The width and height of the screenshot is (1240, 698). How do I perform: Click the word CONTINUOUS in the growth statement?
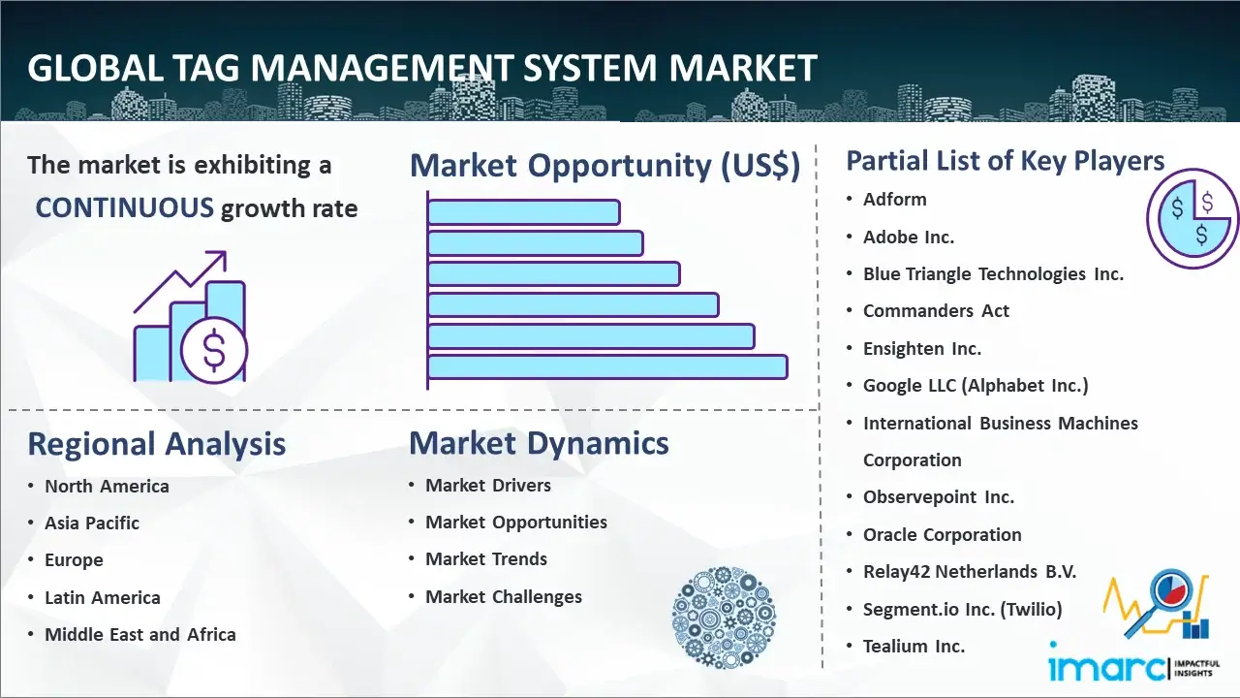pos(124,208)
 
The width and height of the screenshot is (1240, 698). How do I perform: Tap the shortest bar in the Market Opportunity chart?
pos(524,212)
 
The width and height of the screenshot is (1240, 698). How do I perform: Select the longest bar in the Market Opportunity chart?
pos(607,367)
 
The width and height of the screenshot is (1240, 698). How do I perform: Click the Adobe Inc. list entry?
pos(909,238)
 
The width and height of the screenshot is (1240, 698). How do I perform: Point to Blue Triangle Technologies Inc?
pos(993,273)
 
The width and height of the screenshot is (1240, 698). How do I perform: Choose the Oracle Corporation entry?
pos(943,534)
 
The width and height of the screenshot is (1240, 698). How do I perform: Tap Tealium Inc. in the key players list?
pos(914,646)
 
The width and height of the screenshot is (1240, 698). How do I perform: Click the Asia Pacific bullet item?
pos(92,523)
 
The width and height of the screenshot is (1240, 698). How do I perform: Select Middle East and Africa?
pos(140,634)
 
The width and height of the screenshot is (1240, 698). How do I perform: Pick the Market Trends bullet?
pos(486,559)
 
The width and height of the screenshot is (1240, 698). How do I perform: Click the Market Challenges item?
pos(503,596)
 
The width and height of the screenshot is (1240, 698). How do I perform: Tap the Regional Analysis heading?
pos(157,444)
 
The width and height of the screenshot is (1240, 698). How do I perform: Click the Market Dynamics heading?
pos(539,443)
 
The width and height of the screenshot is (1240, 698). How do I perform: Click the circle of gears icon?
pos(724,618)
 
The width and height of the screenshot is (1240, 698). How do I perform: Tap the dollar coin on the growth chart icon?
pos(214,351)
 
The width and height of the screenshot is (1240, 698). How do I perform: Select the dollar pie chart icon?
pos(1193,219)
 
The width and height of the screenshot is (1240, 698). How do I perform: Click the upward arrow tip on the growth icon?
pos(226,253)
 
